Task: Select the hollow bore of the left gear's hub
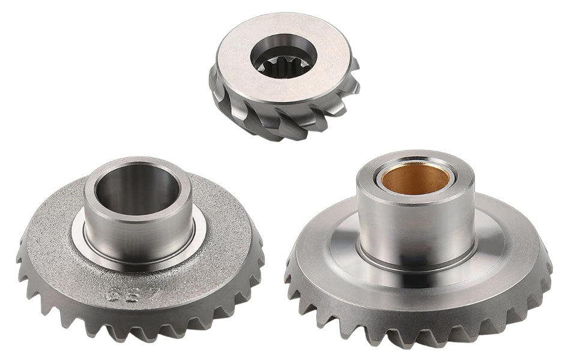(137, 193)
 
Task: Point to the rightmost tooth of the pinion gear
(354, 84)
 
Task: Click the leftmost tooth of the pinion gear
(213, 90)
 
